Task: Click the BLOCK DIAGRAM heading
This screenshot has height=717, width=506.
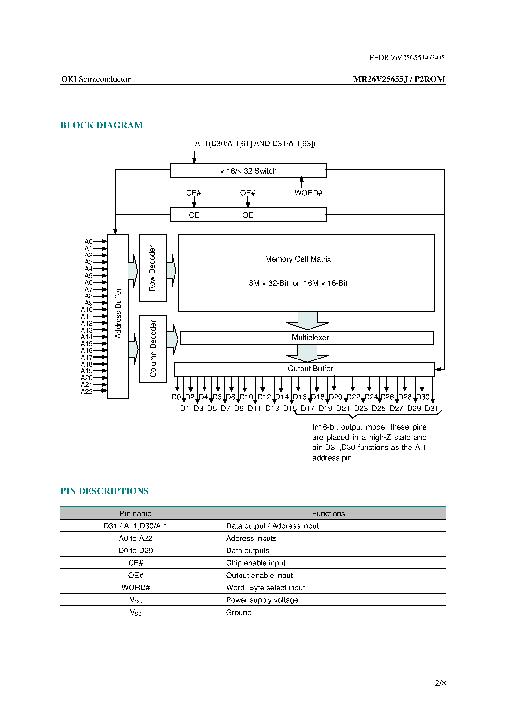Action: (x=101, y=125)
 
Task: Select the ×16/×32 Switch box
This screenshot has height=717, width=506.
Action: (x=248, y=170)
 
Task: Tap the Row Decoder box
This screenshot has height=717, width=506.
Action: (x=153, y=268)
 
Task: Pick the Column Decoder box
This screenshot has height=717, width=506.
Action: (x=153, y=348)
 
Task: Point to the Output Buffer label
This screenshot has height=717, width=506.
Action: (x=310, y=369)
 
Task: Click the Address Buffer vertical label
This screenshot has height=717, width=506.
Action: (x=118, y=313)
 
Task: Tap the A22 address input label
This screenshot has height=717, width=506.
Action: (x=86, y=392)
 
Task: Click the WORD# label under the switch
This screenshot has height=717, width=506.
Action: (x=308, y=193)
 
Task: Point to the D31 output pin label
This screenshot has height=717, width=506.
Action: (x=432, y=409)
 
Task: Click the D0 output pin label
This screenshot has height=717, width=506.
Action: (x=176, y=397)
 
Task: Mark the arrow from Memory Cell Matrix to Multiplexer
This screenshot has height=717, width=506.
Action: (x=308, y=321)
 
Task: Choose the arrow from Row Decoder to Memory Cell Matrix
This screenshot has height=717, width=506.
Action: (x=171, y=271)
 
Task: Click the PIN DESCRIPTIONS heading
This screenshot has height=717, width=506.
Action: (x=104, y=491)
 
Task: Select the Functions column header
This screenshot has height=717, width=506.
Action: (x=328, y=514)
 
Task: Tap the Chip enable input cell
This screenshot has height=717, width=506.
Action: (x=255, y=563)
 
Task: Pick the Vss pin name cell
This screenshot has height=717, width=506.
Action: (x=135, y=612)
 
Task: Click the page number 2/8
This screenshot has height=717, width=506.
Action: (x=440, y=683)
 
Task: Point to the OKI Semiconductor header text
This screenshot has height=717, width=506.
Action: (x=96, y=79)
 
